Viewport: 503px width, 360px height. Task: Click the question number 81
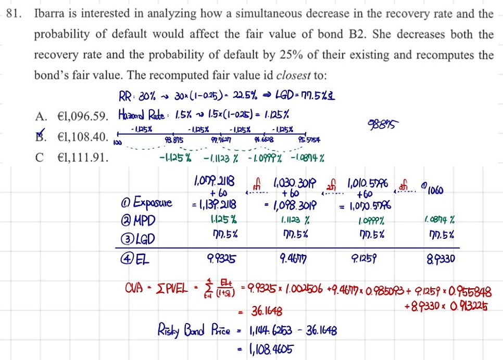click(x=14, y=14)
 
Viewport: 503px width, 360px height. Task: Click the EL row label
click(x=132, y=258)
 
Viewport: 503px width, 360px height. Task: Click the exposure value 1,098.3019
click(x=294, y=203)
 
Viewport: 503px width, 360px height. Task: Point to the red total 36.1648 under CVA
click(x=267, y=311)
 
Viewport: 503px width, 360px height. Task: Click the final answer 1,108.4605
click(x=268, y=348)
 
